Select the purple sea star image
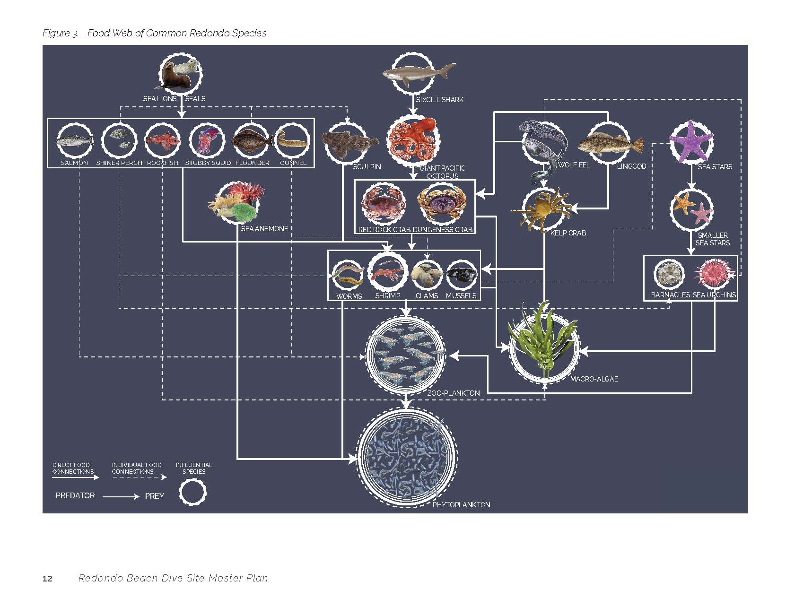pos(691,141)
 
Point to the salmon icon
pos(74,141)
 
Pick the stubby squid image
pos(207,140)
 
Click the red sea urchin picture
pos(713,274)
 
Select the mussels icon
pos(462,275)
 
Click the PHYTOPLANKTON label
pos(461,505)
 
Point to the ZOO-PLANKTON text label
pos(453,393)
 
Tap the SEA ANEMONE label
pos(264,229)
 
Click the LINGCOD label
pos(631,166)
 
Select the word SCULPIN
pos(367,167)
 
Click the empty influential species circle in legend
pos(192,493)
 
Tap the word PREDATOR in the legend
pos(75,495)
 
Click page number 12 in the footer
pos(47,579)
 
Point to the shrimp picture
pos(387,273)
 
